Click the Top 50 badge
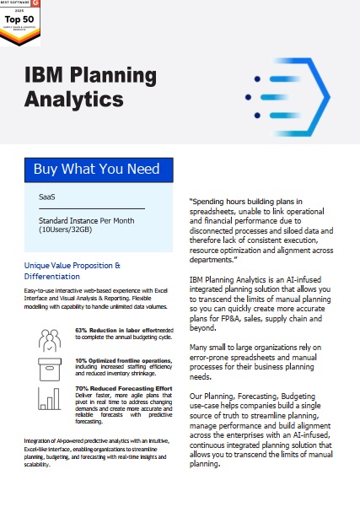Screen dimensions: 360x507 click(x=22, y=19)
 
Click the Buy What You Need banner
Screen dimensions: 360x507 click(x=96, y=169)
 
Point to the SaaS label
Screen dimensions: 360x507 click(x=46, y=197)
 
